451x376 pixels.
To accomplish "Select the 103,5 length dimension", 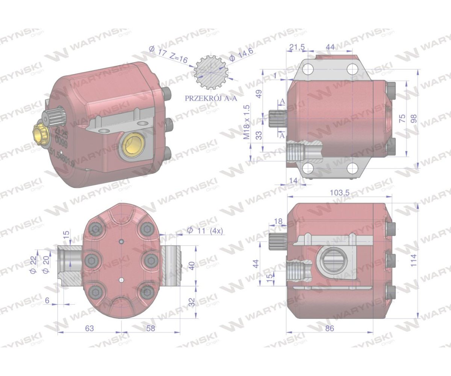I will point(339,193).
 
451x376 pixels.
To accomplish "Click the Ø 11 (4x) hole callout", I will point(205,230).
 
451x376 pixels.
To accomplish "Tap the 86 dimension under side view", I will point(329,328).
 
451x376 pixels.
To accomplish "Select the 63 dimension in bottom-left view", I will point(89,328).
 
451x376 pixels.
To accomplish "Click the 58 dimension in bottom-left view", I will point(150,328).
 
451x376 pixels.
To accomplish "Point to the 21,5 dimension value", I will point(297,47).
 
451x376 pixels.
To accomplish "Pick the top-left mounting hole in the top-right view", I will point(308,69).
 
